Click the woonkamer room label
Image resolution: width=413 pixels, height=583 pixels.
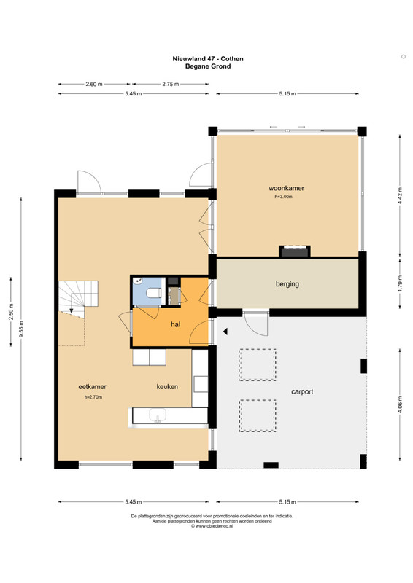click(286, 188)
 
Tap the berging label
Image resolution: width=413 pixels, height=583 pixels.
click(287, 284)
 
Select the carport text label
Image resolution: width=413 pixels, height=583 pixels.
click(302, 391)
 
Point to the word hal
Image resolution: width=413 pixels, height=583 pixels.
click(175, 324)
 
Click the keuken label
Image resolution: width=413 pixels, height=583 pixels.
click(167, 387)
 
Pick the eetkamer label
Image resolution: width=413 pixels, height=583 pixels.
click(93, 387)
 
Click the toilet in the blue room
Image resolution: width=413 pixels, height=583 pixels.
click(154, 293)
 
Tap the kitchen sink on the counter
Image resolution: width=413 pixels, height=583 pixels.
click(158, 415)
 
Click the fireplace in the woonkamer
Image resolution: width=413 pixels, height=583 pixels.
click(295, 251)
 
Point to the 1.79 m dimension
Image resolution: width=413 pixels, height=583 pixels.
click(400, 283)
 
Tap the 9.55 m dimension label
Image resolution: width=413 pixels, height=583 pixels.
click(21, 329)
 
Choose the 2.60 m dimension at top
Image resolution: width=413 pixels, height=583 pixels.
click(94, 84)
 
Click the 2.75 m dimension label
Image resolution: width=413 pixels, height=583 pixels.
click(171, 84)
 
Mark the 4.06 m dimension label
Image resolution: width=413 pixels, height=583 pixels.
click(400, 404)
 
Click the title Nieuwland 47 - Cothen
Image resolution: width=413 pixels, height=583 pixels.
click(208, 59)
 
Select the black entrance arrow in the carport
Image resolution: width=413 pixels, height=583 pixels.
click(225, 332)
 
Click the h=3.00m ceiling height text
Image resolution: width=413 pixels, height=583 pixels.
click(283, 197)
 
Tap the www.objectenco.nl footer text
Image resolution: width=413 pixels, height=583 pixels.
click(212, 526)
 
